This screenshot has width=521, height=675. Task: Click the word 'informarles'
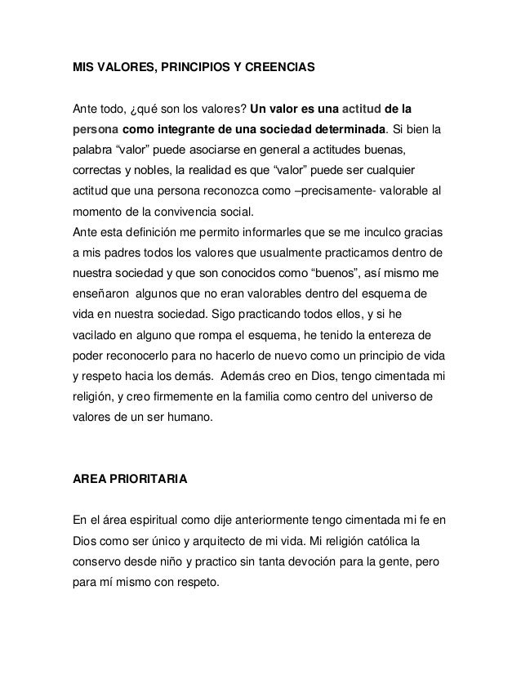283,231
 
